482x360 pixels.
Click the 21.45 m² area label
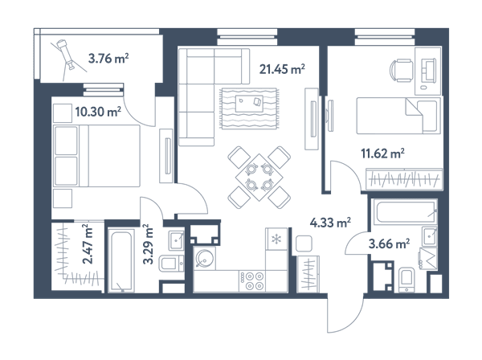pos(282,69)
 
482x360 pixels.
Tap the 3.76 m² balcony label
pos(108,58)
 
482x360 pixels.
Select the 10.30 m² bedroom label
pos(98,112)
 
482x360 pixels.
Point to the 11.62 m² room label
pos(382,153)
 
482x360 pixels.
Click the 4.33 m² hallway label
pos(330,223)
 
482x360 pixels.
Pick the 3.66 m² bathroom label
pos(389,244)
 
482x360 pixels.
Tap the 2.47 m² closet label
pos(88,244)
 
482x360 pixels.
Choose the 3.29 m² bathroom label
pos(148,244)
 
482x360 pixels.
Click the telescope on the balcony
pos(66,53)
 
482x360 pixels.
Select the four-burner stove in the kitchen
pos(252,280)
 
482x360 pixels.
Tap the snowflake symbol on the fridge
pos(276,239)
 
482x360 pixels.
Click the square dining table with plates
pos(259,178)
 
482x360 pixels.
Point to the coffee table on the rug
pos(249,104)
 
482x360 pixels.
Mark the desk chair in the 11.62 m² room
pos(402,71)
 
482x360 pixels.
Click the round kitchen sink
pos(203,258)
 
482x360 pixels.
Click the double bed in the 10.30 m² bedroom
pos(96,156)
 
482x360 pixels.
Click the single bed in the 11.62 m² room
pos(398,116)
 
